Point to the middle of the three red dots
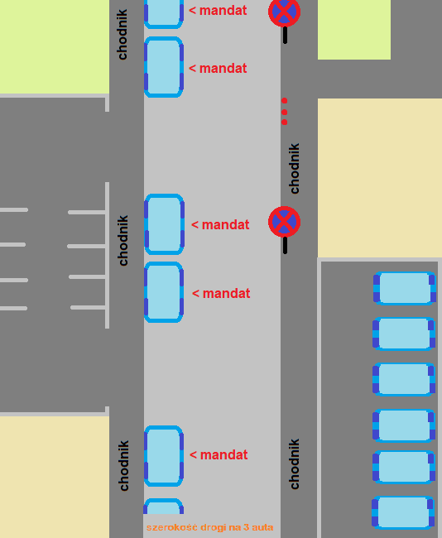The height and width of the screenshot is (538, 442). click(284, 112)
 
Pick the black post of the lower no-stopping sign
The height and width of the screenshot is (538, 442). click(285, 245)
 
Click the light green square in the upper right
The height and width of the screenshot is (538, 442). click(354, 30)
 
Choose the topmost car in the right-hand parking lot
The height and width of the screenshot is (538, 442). click(404, 288)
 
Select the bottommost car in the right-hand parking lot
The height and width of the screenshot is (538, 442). click(403, 512)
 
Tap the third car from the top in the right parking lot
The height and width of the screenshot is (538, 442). click(404, 379)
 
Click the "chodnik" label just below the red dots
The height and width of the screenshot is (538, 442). click(295, 169)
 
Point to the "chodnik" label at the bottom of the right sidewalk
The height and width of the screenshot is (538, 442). click(295, 464)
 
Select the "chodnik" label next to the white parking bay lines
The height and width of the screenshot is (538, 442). click(123, 241)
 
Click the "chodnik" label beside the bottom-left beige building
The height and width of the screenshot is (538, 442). click(123, 466)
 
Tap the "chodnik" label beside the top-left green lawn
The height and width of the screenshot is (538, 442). click(122, 34)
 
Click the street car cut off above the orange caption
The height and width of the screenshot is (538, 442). click(163, 506)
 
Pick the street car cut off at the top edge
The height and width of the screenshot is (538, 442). click(164, 14)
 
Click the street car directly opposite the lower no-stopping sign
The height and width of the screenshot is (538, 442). click(164, 224)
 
